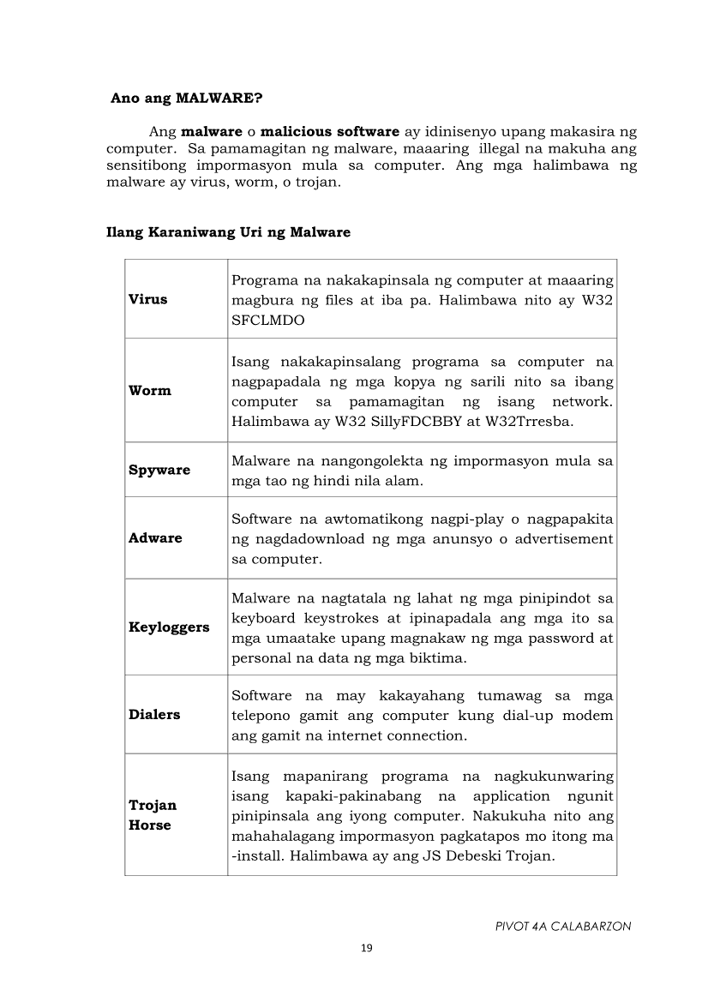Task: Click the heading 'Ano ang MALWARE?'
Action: point(186,98)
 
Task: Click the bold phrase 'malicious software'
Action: point(330,131)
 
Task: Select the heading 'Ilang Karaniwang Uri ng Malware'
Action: point(228,232)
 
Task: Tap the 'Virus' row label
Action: point(148,299)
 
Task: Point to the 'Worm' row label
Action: point(150,391)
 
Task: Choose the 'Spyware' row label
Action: point(159,471)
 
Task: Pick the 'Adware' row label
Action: point(155,538)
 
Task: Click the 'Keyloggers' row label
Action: point(169,627)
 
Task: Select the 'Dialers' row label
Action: point(154,715)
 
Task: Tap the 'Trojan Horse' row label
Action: point(153,815)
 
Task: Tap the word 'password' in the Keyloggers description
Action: point(562,639)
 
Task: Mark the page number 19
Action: point(367,948)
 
